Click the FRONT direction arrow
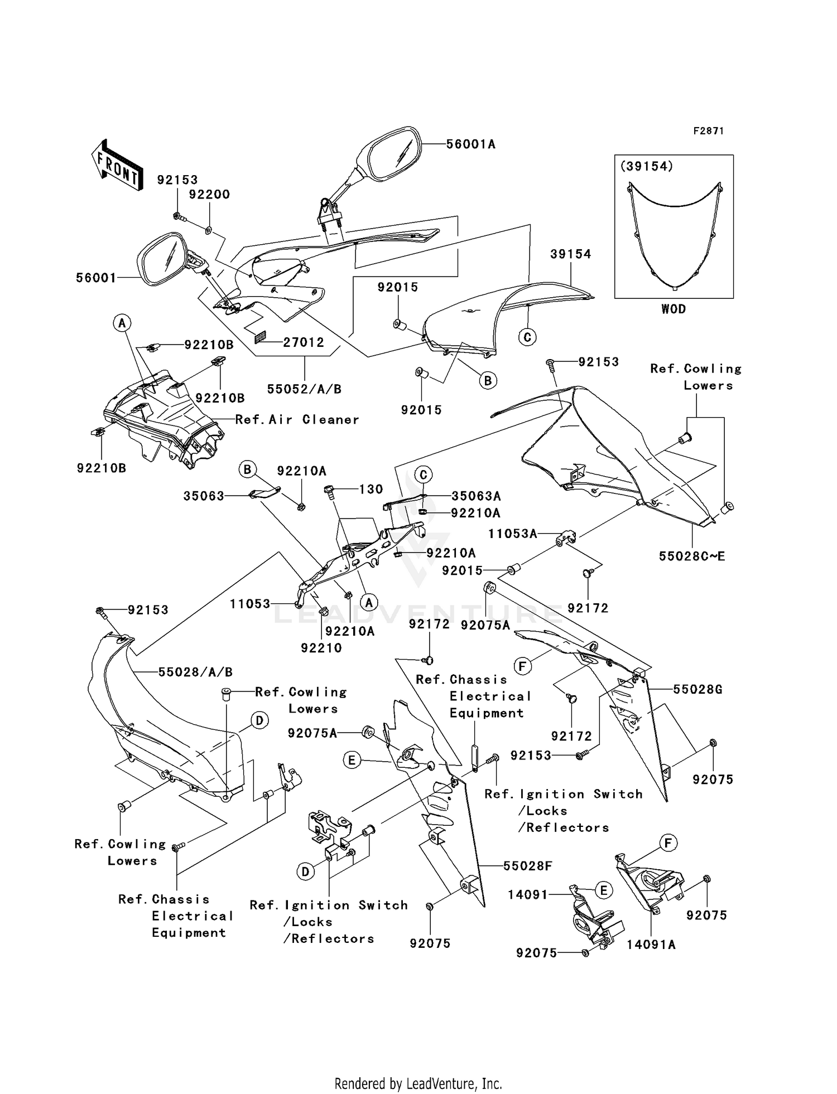pyautogui.click(x=117, y=166)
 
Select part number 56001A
pyautogui.click(x=470, y=144)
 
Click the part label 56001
pyautogui.click(x=96, y=278)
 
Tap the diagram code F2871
pyautogui.click(x=709, y=131)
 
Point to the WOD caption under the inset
pyautogui.click(x=674, y=309)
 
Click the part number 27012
pyautogui.click(x=303, y=342)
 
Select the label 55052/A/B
pyautogui.click(x=304, y=389)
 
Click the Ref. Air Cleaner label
pyautogui.click(x=297, y=419)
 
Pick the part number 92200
pyautogui.click(x=209, y=195)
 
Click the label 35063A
pyautogui.click(x=476, y=496)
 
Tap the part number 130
pyautogui.click(x=371, y=489)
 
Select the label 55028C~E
pyautogui.click(x=692, y=556)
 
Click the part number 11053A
pyautogui.click(x=513, y=534)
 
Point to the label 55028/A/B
pyautogui.click(x=195, y=672)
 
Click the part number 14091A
pyautogui.click(x=651, y=945)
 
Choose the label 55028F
pyautogui.click(x=527, y=866)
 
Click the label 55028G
pyautogui.click(x=698, y=690)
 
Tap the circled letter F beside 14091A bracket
pyautogui.click(x=668, y=844)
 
